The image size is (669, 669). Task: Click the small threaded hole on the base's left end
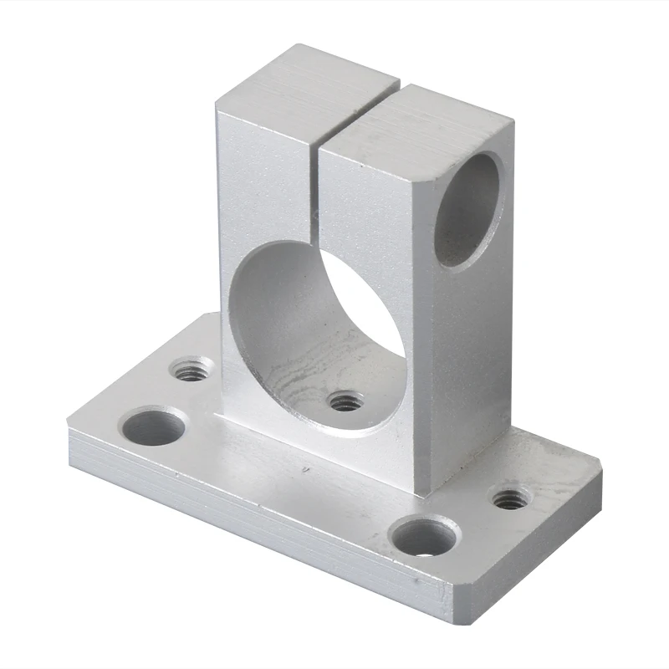pyautogui.click(x=192, y=369)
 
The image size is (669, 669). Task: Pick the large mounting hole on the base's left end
pyautogui.click(x=153, y=426)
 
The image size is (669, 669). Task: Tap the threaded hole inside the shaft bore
pyautogui.click(x=345, y=401)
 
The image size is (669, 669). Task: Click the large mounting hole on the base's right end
pyautogui.click(x=426, y=536)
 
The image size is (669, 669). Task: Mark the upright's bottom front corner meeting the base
pyautogui.click(x=431, y=489)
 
